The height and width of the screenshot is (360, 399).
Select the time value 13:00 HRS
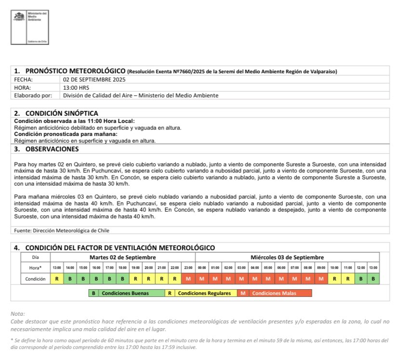(x=77, y=87)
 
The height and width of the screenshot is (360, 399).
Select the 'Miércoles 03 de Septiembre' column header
(x=287, y=257)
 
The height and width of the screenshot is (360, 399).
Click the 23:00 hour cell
(x=188, y=267)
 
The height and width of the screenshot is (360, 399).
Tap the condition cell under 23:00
(x=188, y=279)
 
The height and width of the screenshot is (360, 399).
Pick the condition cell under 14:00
(x=70, y=279)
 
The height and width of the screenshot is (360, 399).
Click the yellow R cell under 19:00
(x=136, y=279)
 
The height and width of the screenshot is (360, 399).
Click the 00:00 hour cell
(x=202, y=267)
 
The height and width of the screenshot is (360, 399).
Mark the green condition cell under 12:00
(x=360, y=279)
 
